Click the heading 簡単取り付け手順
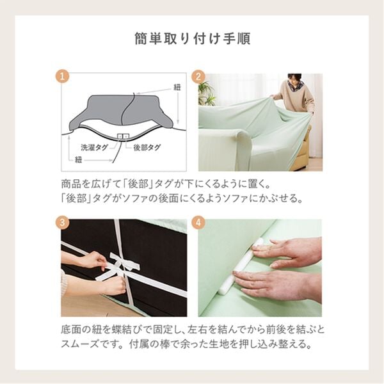point(192,38)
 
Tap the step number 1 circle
point(63,76)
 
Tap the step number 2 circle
point(200,76)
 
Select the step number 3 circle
point(63,223)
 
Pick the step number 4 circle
point(200,223)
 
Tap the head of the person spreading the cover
point(294,81)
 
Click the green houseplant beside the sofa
point(206,94)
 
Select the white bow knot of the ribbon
point(122,266)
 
